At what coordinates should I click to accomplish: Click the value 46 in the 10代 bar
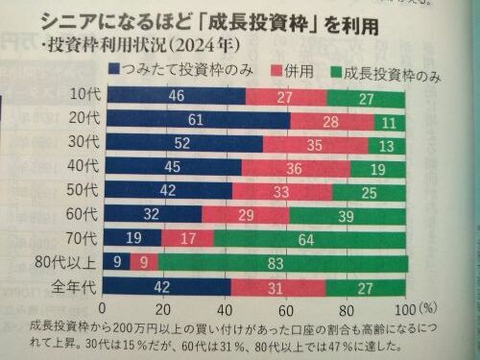pyautogui.click(x=176, y=97)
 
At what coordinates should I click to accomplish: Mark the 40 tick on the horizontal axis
pyautogui.click(x=223, y=309)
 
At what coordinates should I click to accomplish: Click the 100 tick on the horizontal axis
pyautogui.click(x=403, y=309)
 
